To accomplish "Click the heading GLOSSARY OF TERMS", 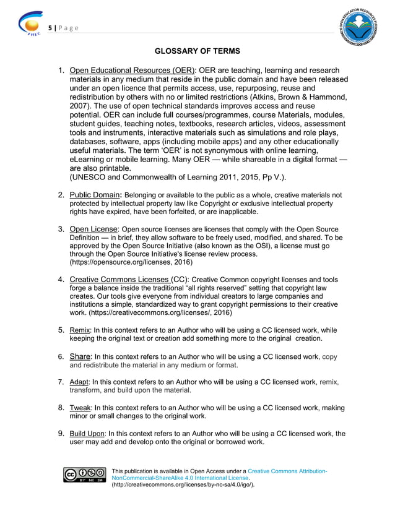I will [197, 49].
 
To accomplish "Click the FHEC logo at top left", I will [31, 25].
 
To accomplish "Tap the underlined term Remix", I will [79, 330].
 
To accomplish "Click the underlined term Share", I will [80, 356].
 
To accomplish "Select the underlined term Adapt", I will [79, 382].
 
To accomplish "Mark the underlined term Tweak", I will [80, 408].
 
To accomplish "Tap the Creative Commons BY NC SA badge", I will [85, 474].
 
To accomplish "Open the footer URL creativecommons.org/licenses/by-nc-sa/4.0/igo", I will [183, 486].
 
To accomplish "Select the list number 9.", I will [61, 434].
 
